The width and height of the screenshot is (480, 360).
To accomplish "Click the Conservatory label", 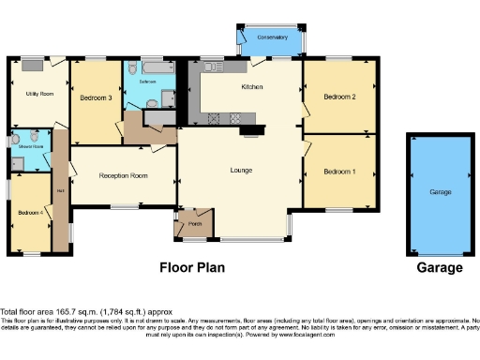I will pos(273,37).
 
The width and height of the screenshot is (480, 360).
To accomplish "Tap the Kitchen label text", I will pos(250,87).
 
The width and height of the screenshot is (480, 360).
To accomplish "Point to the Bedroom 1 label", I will pos(339,172).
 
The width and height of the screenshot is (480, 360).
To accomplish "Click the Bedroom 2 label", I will pos(339,97).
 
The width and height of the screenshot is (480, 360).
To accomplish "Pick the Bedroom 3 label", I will pos(96,98).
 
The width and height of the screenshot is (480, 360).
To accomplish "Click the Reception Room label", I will pos(124,175).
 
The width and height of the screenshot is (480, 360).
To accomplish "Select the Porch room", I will pos(195,224).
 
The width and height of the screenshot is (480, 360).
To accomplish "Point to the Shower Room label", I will pos(29,147).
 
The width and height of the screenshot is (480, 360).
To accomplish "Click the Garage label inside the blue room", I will pos(441,191).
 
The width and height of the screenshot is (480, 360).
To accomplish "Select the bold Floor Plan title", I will pos(191,267).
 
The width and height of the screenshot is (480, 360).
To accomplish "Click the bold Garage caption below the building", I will pos(440,267).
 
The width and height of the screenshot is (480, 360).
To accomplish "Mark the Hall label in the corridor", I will pos(61,192).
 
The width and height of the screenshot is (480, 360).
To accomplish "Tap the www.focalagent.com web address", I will pos(305,333).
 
